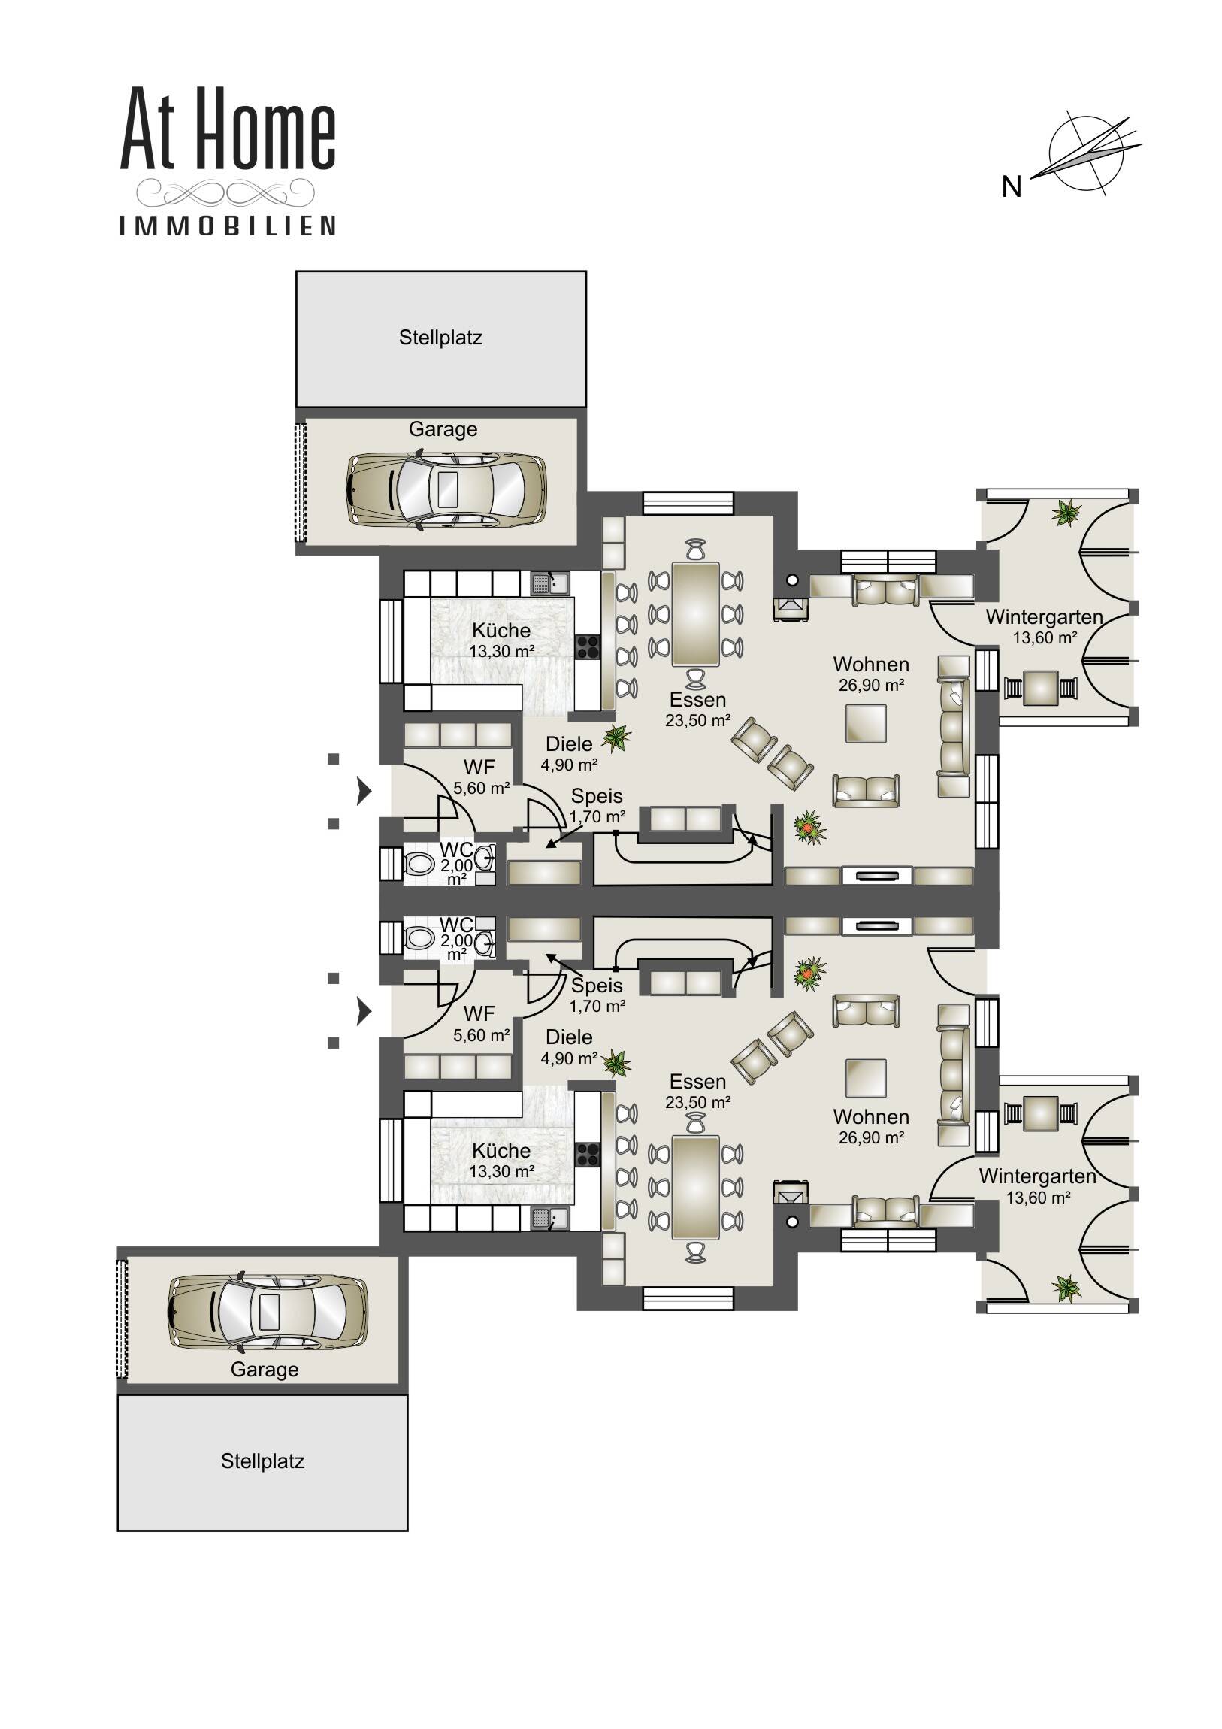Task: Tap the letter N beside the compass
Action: coord(1011,186)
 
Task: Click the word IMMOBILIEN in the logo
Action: coord(228,226)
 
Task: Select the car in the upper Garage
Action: coord(446,489)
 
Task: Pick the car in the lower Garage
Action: coord(268,1311)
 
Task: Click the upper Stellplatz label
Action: coord(440,338)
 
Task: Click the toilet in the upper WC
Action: coord(419,864)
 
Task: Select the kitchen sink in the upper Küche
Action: coord(549,583)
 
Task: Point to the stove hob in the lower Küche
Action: coord(587,1155)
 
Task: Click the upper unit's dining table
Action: coord(695,613)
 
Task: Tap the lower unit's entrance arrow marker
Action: coord(364,1011)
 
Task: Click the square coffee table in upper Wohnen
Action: coord(865,723)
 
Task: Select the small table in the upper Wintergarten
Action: coord(1041,688)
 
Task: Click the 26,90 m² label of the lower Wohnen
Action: coord(870,1138)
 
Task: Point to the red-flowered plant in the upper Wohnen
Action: coord(809,828)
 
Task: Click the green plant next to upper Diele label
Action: coord(617,738)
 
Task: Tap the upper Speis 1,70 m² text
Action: coord(596,816)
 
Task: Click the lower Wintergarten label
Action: coord(1037,1176)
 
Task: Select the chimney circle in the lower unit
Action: coord(791,1222)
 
